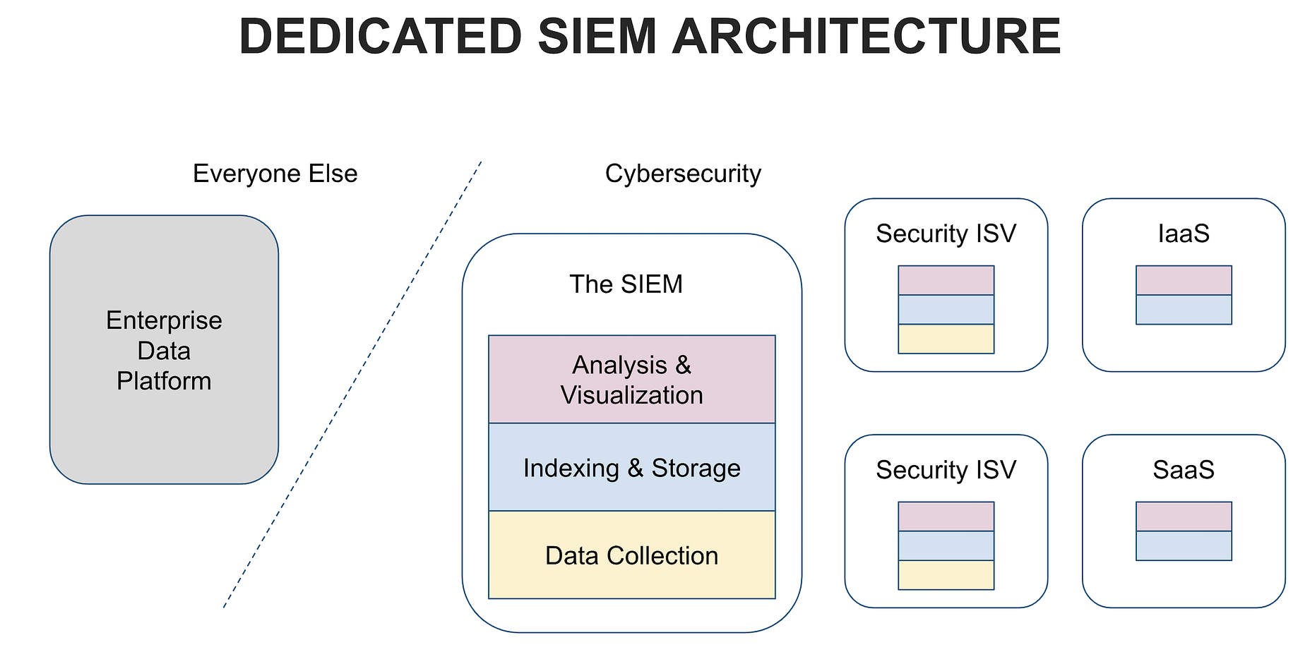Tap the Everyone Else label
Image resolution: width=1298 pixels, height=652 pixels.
click(275, 174)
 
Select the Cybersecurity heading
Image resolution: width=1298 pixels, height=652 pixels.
click(683, 174)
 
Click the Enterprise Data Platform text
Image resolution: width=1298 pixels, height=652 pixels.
click(164, 351)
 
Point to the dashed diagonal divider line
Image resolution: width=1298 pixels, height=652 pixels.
click(352, 384)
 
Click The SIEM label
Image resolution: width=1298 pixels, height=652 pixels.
click(626, 284)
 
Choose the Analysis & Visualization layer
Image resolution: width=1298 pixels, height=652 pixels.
click(632, 380)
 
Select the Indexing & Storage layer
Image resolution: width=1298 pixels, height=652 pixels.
click(632, 467)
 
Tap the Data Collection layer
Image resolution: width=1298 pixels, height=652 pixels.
click(632, 555)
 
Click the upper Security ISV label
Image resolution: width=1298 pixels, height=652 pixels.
click(946, 234)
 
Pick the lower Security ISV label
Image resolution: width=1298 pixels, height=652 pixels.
click(946, 470)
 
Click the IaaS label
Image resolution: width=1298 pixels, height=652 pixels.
click(1184, 234)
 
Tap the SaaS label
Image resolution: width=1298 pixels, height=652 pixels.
click(1184, 470)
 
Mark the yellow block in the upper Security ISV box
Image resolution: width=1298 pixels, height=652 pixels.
click(946, 339)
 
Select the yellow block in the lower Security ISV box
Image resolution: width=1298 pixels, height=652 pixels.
click(946, 575)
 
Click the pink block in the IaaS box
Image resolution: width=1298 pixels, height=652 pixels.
click(1184, 280)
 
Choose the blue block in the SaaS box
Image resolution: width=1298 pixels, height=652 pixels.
click(1184, 546)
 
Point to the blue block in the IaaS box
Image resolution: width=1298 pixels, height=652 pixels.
click(1184, 310)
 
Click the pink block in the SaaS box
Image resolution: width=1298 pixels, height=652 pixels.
click(1184, 517)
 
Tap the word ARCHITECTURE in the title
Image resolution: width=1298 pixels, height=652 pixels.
click(867, 37)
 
